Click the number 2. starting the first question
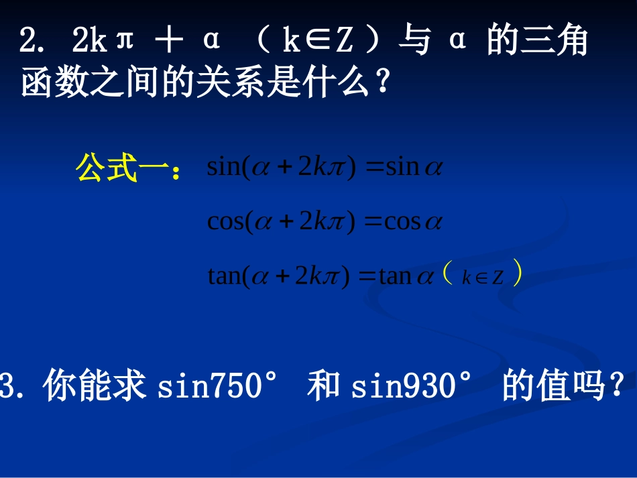(x=33, y=42)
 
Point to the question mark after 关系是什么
(x=383, y=84)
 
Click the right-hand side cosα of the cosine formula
(x=413, y=221)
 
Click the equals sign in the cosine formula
(x=372, y=221)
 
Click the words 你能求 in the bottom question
(x=95, y=387)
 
